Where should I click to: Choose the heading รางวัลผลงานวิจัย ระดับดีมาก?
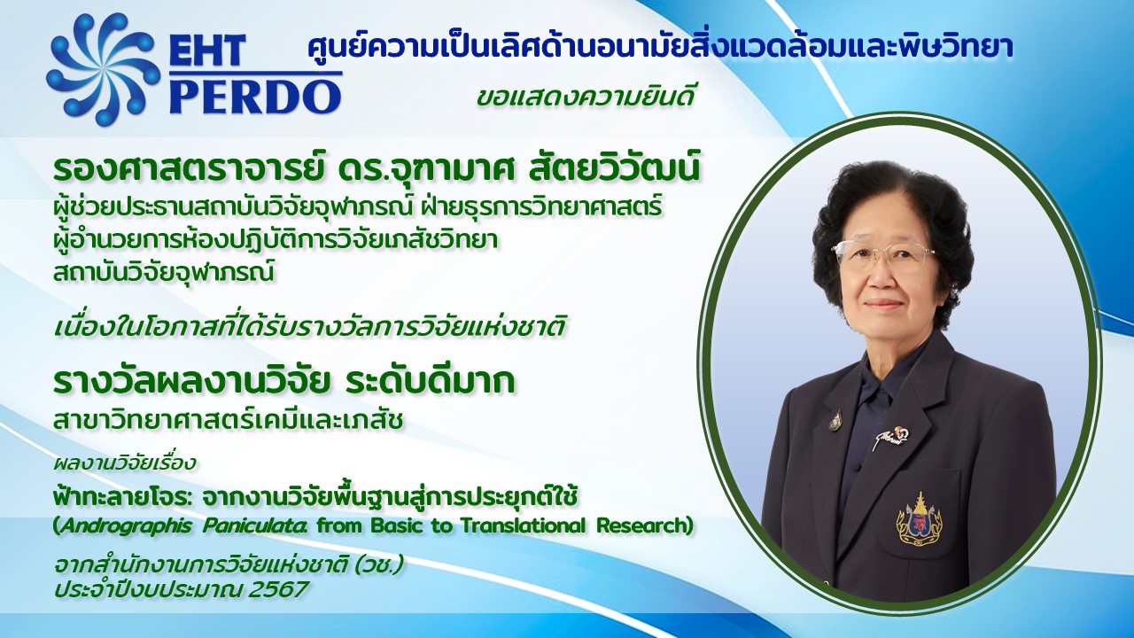point(283,381)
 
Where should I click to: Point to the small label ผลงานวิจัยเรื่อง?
point(124,463)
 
